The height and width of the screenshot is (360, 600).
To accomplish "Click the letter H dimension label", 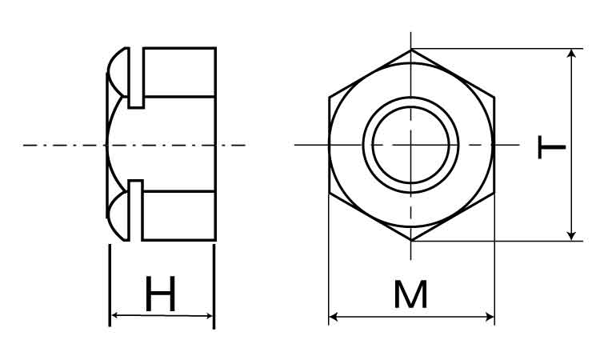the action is (x=161, y=294).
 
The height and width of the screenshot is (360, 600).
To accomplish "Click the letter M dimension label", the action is (x=411, y=294).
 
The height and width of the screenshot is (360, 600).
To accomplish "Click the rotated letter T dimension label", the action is (x=551, y=146).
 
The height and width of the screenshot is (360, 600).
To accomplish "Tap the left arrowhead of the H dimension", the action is (x=114, y=315).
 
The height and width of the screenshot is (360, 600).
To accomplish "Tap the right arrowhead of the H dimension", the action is (x=209, y=316).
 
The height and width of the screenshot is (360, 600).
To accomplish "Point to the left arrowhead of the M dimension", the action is (x=333, y=317).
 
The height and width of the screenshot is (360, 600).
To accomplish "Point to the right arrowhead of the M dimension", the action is (x=490, y=317).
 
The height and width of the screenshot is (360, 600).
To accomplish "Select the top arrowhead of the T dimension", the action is (x=571, y=54).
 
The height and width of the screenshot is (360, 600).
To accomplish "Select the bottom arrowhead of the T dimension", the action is (x=571, y=236).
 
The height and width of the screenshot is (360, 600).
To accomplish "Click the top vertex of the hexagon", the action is (x=411, y=50).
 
